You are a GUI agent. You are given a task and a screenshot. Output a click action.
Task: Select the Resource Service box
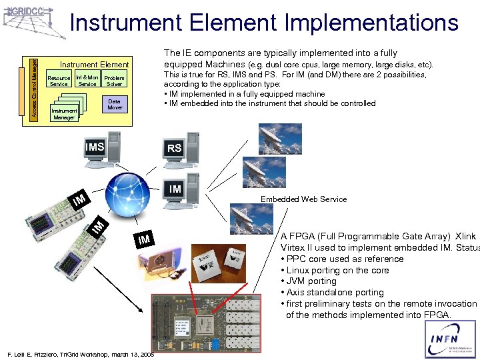pos(59,81)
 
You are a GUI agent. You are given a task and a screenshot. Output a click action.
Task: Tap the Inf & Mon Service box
pos(87,81)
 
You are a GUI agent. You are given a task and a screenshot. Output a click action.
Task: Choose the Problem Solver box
pos(114,81)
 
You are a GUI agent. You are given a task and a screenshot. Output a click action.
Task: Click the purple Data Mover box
pos(115,104)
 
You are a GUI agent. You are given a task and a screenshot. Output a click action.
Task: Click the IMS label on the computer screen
pos(94,146)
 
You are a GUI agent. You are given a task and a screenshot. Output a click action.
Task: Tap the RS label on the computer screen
pos(174,149)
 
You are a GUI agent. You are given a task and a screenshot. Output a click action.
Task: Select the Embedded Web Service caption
pos(303,199)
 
